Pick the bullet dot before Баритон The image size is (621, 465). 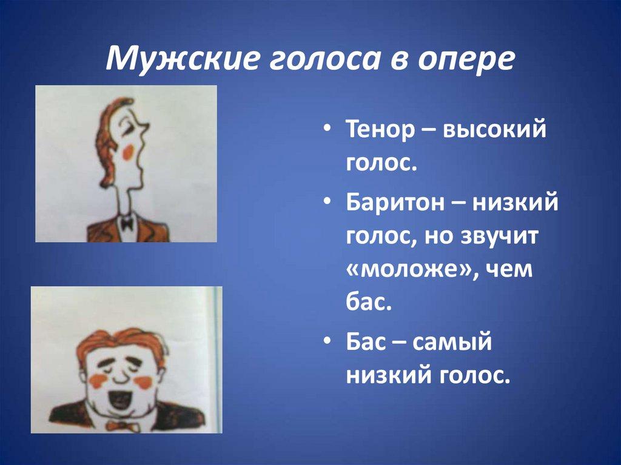pos(327,201)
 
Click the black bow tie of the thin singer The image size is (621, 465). pos(126,224)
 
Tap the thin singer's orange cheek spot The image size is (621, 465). pos(127,152)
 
